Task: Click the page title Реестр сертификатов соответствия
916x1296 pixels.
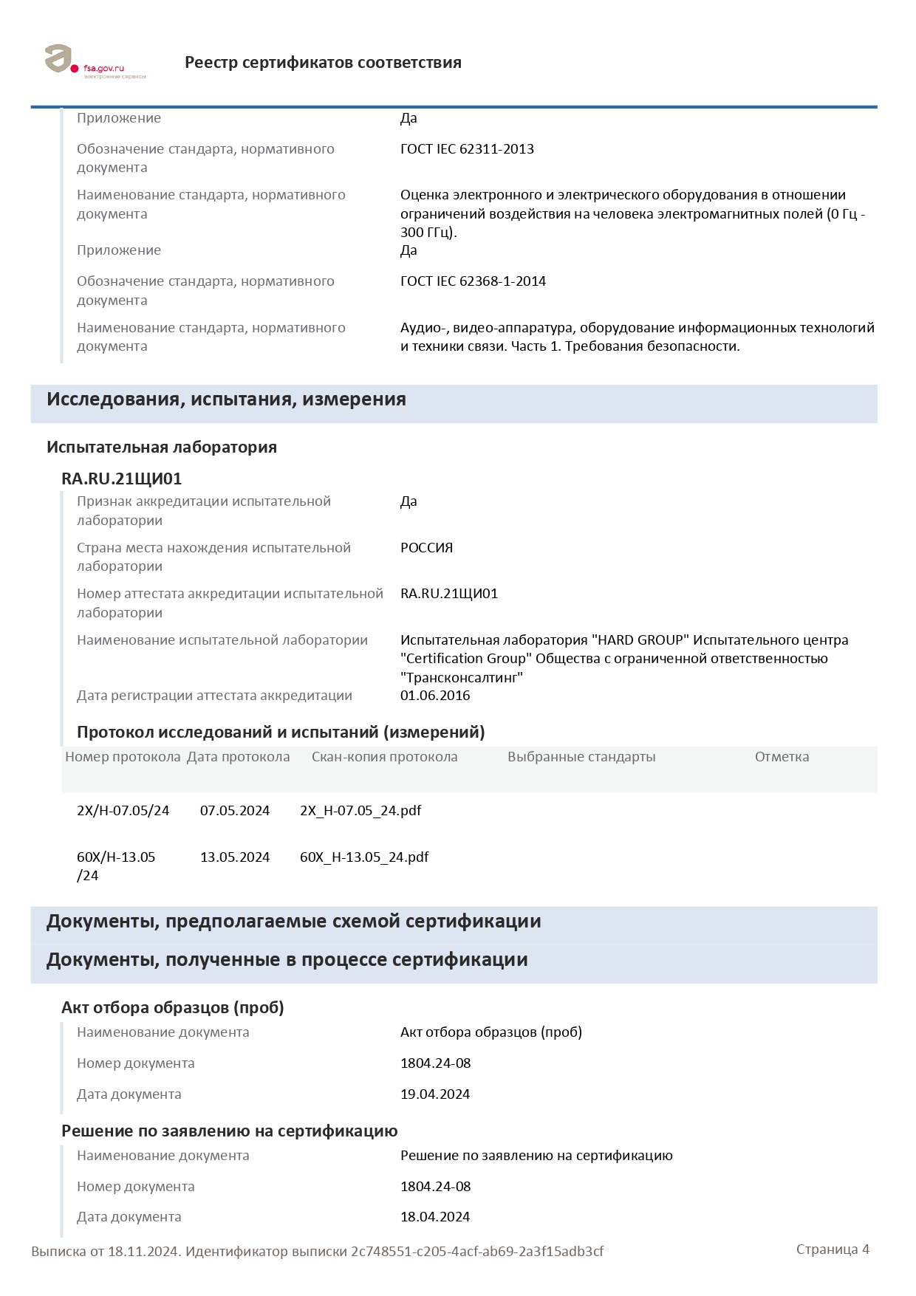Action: click(323, 63)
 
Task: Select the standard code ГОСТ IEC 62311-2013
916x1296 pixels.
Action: click(467, 149)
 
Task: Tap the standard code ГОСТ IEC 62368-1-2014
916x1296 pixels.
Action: click(473, 281)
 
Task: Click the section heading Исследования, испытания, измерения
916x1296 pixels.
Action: click(226, 400)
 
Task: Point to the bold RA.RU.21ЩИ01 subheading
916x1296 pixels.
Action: click(121, 479)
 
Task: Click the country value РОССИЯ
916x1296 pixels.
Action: click(426, 548)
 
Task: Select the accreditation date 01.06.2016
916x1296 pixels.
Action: click(435, 696)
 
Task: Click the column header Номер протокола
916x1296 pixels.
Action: click(123, 757)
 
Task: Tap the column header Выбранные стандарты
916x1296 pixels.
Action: click(581, 757)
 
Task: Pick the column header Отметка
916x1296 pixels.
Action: click(782, 757)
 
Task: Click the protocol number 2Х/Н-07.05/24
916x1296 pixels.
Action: click(123, 811)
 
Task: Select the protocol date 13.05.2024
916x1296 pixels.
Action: click(235, 857)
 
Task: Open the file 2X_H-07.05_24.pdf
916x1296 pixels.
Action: click(360, 811)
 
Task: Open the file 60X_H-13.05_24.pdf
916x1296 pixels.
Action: click(364, 857)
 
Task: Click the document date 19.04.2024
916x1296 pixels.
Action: click(435, 1094)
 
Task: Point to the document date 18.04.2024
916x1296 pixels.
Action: click(435, 1217)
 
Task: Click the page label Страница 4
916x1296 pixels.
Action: click(833, 1249)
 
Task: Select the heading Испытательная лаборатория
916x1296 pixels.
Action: click(162, 448)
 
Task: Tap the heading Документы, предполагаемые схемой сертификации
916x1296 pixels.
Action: click(293, 922)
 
